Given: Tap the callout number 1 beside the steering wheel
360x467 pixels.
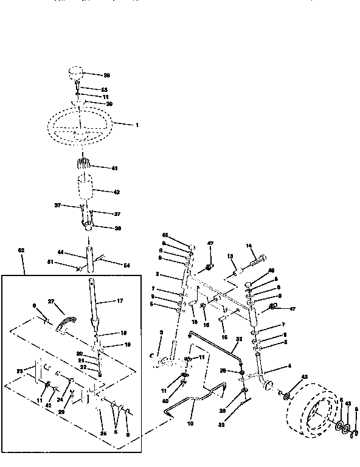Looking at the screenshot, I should point(137,125).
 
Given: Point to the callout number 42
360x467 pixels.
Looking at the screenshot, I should point(116,192).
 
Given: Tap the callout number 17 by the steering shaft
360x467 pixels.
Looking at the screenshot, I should point(120,301).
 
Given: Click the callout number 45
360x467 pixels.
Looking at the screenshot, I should point(165,235).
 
